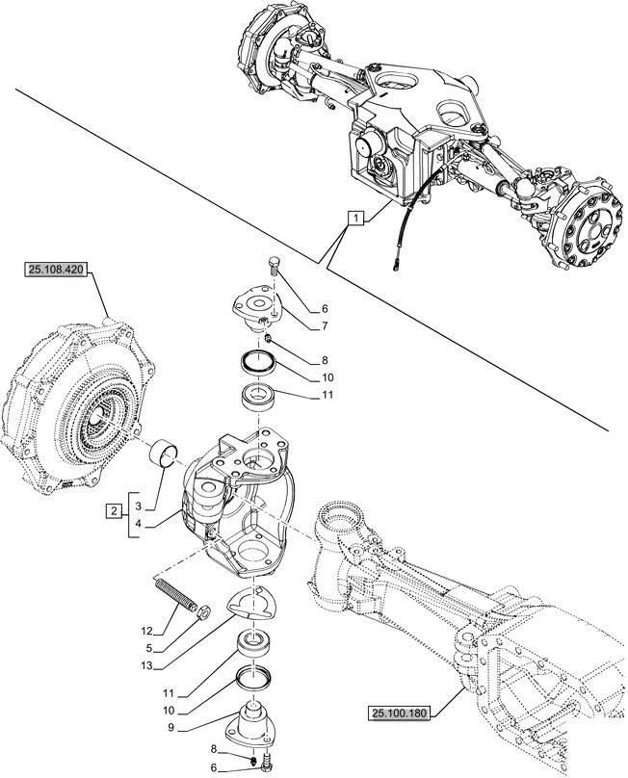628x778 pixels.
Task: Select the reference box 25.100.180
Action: click(403, 713)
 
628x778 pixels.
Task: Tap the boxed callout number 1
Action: click(355, 220)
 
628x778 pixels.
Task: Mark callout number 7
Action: click(326, 325)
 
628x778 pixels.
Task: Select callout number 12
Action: click(146, 632)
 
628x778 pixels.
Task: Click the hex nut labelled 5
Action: click(204, 610)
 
